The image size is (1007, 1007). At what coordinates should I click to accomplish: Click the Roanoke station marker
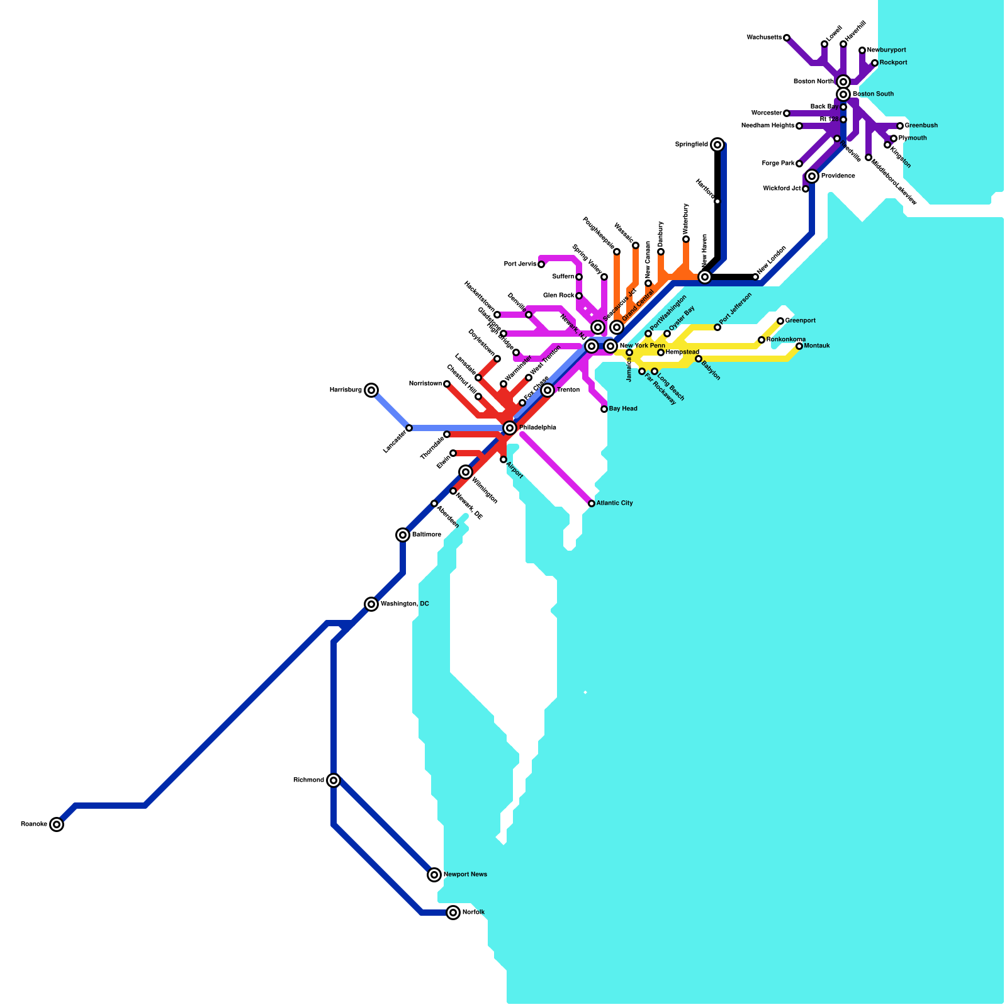(x=57, y=824)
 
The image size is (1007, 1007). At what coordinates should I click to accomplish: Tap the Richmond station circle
(x=334, y=780)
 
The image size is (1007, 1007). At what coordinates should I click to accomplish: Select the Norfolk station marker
(x=453, y=913)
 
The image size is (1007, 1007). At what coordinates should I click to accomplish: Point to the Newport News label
(x=465, y=875)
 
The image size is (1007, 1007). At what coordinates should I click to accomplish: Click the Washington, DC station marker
(x=371, y=604)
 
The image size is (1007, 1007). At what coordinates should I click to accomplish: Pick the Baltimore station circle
(x=403, y=535)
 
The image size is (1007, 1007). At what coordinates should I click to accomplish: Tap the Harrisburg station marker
(x=371, y=390)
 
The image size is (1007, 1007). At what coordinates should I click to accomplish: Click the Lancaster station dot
(x=409, y=428)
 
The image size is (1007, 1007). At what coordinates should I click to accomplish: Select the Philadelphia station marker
(x=510, y=428)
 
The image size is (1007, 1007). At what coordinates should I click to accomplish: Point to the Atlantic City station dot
(x=592, y=503)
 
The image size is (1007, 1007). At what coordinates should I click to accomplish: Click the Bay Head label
(x=623, y=409)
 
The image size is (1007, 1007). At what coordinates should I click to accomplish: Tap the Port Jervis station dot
(x=541, y=264)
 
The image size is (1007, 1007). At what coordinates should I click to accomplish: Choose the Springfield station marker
(x=717, y=145)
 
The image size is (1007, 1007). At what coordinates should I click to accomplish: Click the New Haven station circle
(x=705, y=277)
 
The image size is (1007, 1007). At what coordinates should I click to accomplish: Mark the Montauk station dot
(x=799, y=346)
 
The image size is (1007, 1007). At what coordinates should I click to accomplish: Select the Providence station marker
(x=812, y=176)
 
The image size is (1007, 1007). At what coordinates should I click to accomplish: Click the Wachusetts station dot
(x=787, y=38)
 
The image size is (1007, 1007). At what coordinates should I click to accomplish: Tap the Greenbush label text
(x=921, y=126)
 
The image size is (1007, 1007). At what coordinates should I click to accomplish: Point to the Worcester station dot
(x=787, y=113)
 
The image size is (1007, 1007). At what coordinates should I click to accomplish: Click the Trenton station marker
(x=548, y=390)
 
